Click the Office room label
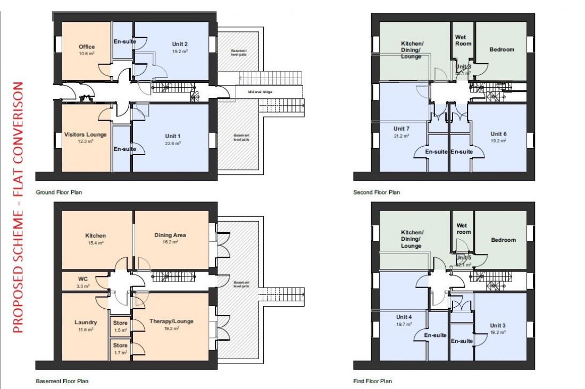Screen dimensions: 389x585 pos(87,47)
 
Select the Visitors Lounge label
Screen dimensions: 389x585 pos(86,134)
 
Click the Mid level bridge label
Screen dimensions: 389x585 pos(259,92)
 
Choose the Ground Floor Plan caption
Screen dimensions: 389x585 pos(59,192)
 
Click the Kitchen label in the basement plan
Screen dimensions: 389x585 pos(96,235)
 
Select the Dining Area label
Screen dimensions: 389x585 pos(170,235)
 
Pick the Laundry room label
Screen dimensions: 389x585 pos(86,322)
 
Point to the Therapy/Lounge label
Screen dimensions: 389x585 pos(171,322)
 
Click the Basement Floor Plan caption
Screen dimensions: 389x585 pos(62,381)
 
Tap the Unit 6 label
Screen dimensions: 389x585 pos(498,134)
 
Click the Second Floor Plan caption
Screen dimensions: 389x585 pos(377,192)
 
